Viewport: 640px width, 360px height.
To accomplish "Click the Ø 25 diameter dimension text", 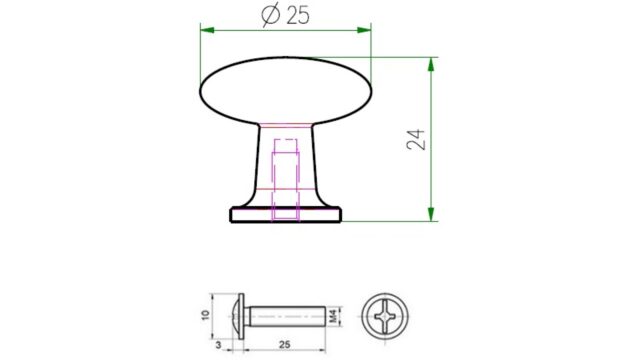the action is pos(285,15).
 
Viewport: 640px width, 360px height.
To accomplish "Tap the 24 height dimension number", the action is pos(416,140).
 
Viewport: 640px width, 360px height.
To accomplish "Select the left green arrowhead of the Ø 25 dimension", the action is pos(207,30).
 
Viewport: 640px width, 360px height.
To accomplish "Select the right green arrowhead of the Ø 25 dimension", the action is pos(364,30).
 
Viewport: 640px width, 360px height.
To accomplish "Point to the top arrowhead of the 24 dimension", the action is pos(431,64).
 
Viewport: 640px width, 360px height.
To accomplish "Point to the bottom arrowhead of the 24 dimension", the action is pos(431,214).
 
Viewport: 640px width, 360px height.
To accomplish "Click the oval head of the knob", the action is pos(286,91).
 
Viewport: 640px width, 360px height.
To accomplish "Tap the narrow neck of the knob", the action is pos(286,163).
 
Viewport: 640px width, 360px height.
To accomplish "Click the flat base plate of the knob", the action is pos(286,215).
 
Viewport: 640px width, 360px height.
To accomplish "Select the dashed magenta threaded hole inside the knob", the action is pos(286,180).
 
